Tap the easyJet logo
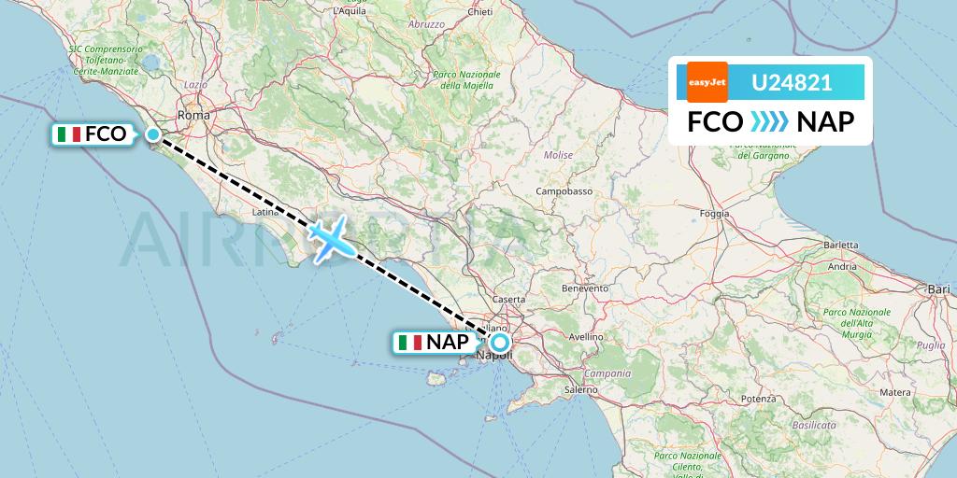pos(707,82)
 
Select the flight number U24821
pos(792,82)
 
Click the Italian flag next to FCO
pos(69,134)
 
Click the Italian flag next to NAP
pos(409,343)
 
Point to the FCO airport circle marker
pos(153,134)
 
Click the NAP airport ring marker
pos(500,343)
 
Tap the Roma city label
pos(194,115)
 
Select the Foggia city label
pos(715,214)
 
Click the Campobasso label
pos(564,191)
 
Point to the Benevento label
pos(585,288)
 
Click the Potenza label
pos(758,399)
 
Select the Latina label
pos(266,214)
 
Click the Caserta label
pos(509,299)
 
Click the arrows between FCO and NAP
pos(769,122)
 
